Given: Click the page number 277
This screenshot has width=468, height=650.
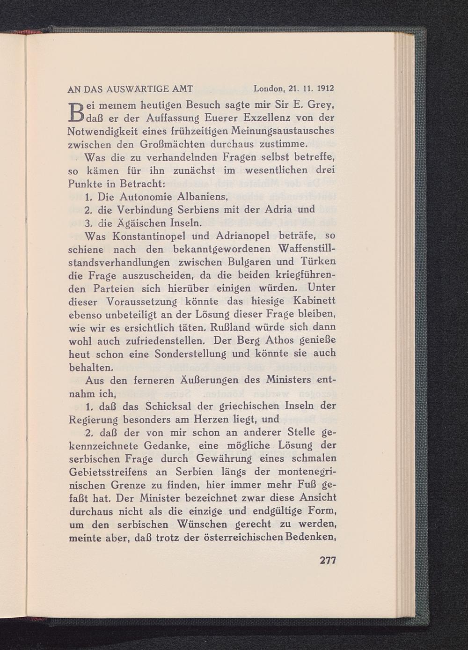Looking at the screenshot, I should pyautogui.click(x=328, y=561).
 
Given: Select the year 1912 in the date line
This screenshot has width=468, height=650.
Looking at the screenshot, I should pyautogui.click(x=326, y=88).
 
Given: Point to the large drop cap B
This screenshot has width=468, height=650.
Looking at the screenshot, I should pyautogui.click(x=76, y=111).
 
